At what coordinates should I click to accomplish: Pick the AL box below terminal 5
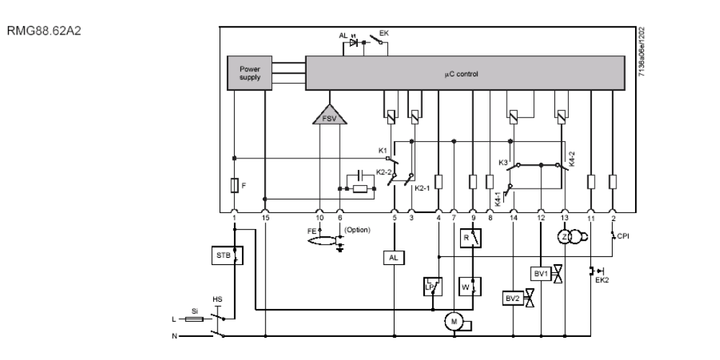393,256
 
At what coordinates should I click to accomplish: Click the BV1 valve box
541,273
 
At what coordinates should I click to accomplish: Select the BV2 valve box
512,297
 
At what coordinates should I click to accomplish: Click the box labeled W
472,284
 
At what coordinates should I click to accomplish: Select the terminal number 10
320,216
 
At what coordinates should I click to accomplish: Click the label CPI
623,234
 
